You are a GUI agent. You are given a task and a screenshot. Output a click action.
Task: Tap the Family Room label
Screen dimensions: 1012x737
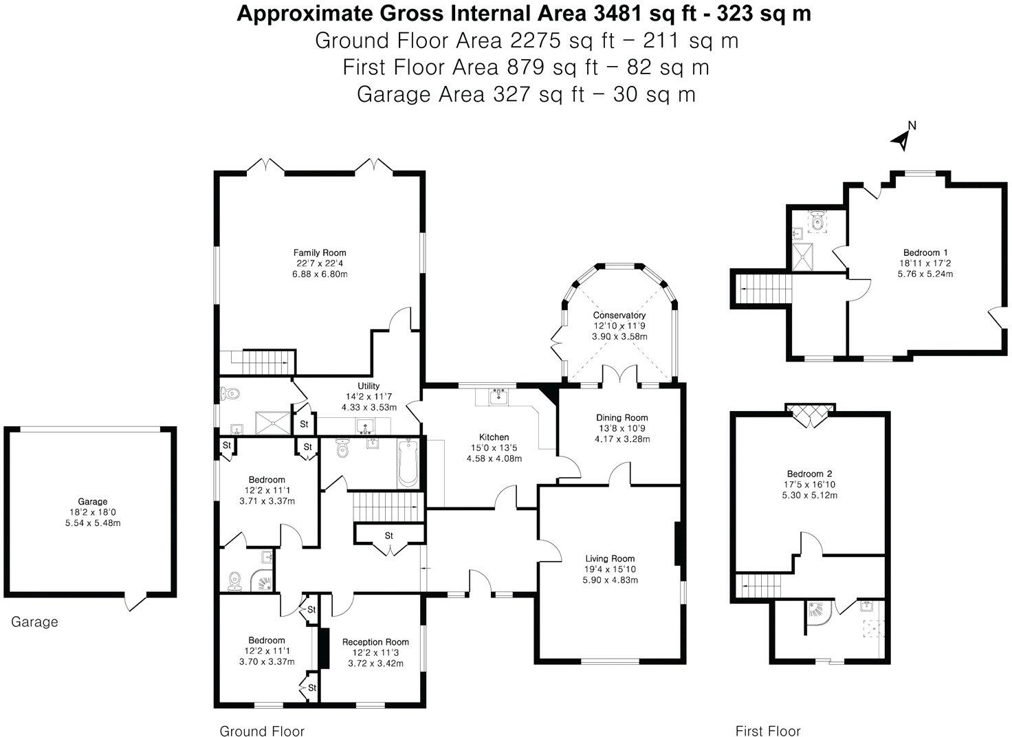(x=320, y=252)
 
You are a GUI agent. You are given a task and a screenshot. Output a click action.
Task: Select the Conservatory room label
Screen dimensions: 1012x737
(x=619, y=315)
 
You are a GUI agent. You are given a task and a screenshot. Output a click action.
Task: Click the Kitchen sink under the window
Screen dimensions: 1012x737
(x=498, y=396)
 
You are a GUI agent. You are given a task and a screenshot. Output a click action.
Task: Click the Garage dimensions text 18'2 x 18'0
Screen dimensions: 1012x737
(x=93, y=512)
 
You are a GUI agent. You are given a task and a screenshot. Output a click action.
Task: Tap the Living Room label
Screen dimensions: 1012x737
(x=610, y=558)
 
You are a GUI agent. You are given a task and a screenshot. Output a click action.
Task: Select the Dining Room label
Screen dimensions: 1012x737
(x=621, y=417)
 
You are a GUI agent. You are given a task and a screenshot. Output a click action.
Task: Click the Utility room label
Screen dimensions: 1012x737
(x=368, y=386)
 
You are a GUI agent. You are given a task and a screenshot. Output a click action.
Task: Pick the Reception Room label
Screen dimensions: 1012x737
(x=375, y=641)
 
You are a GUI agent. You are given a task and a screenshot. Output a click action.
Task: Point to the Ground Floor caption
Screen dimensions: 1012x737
(x=262, y=718)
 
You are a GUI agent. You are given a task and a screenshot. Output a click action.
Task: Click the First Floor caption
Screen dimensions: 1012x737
(x=768, y=718)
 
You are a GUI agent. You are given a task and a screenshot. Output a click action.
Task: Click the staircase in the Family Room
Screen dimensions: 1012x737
(x=263, y=362)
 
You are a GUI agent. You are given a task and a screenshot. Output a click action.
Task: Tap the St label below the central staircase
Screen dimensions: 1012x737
(x=389, y=536)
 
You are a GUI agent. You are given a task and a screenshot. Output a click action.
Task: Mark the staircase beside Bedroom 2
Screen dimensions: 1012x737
(x=758, y=586)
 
